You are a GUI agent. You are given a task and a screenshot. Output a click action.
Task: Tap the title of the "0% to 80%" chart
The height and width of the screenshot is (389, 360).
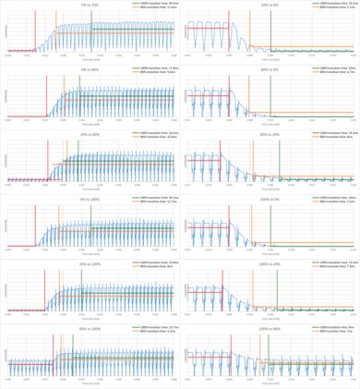(90, 68)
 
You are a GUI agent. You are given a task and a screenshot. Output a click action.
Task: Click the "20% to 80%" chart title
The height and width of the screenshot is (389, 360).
(90, 133)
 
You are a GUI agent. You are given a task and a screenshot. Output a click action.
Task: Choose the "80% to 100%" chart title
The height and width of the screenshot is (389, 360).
(90, 328)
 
